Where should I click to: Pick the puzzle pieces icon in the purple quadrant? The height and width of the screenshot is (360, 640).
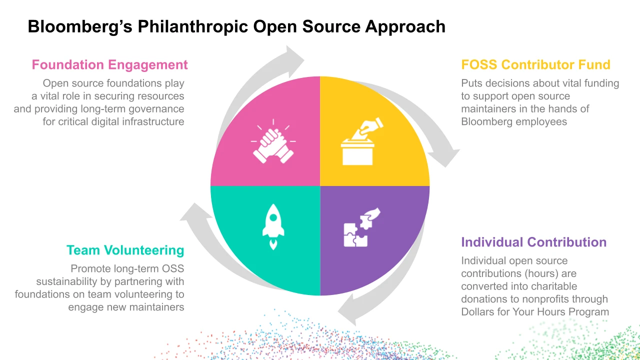[360, 227]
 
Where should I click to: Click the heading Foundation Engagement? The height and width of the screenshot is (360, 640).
[109, 65]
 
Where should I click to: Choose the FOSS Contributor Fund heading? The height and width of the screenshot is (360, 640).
[535, 65]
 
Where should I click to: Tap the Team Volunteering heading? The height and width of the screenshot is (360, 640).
[125, 250]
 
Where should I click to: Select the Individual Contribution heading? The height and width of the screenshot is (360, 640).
[533, 242]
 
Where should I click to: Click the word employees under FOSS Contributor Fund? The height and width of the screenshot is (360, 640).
[542, 121]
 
